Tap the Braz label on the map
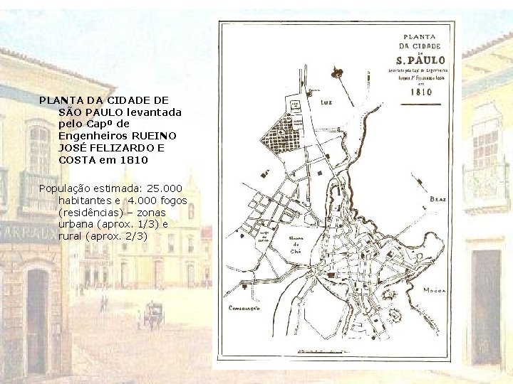pos(437,200)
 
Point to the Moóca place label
pos(435,291)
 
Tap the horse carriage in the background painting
pos(152,313)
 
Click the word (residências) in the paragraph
pos(89,212)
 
